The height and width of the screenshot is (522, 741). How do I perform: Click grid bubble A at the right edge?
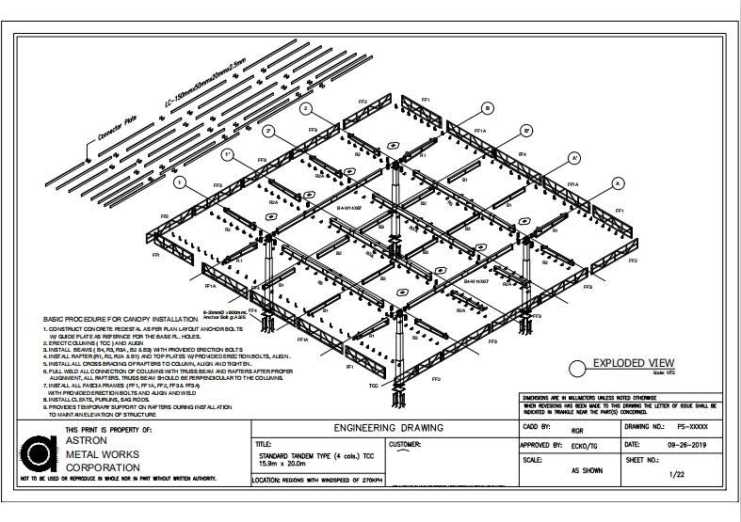pyautogui.click(x=619, y=182)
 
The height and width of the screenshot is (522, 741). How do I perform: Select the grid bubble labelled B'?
pyautogui.click(x=526, y=130)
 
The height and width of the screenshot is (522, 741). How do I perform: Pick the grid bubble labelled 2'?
pyautogui.click(x=269, y=130)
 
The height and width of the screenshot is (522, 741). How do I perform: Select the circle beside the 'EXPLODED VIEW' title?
pyautogui.click(x=579, y=369)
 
